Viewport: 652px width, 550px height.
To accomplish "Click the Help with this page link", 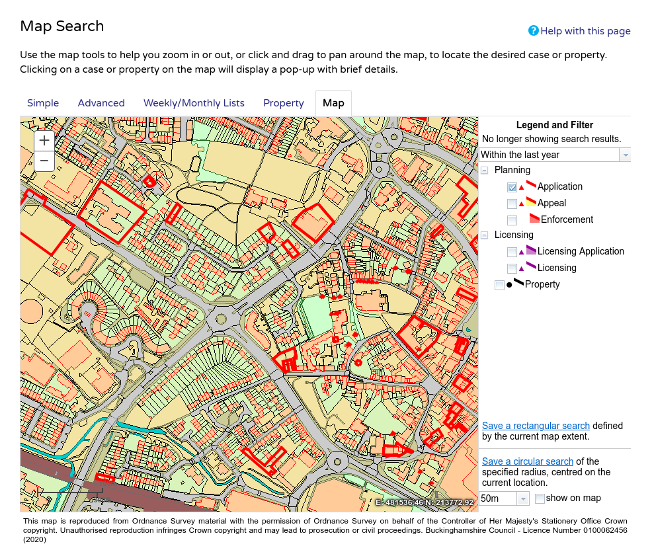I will click(585, 31).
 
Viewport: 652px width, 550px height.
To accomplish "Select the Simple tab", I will click(43, 103).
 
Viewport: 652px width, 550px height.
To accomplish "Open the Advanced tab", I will click(101, 103).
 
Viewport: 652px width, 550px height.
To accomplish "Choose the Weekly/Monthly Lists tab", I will click(194, 103).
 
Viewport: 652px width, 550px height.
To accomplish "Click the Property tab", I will click(283, 103).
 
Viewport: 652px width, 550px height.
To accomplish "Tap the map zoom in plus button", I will click(44, 140).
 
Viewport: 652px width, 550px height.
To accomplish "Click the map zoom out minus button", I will click(44, 161).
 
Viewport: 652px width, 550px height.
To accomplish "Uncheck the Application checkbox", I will click(512, 187).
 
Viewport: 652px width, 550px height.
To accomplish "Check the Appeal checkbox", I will click(512, 204).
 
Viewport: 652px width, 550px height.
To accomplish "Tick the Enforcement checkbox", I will click(512, 220).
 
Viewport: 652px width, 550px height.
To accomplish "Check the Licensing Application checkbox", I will click(512, 252).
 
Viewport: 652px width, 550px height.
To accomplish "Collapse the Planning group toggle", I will click(485, 171).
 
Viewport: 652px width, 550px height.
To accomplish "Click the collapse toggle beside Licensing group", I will click(485, 235).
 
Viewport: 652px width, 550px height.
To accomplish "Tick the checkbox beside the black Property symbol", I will click(499, 285).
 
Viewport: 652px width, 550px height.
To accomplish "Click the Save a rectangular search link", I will click(536, 426).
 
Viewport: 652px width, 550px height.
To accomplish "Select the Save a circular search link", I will click(527, 461).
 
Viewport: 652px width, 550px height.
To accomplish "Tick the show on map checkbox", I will click(540, 498).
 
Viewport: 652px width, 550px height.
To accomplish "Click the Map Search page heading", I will click(62, 26).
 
